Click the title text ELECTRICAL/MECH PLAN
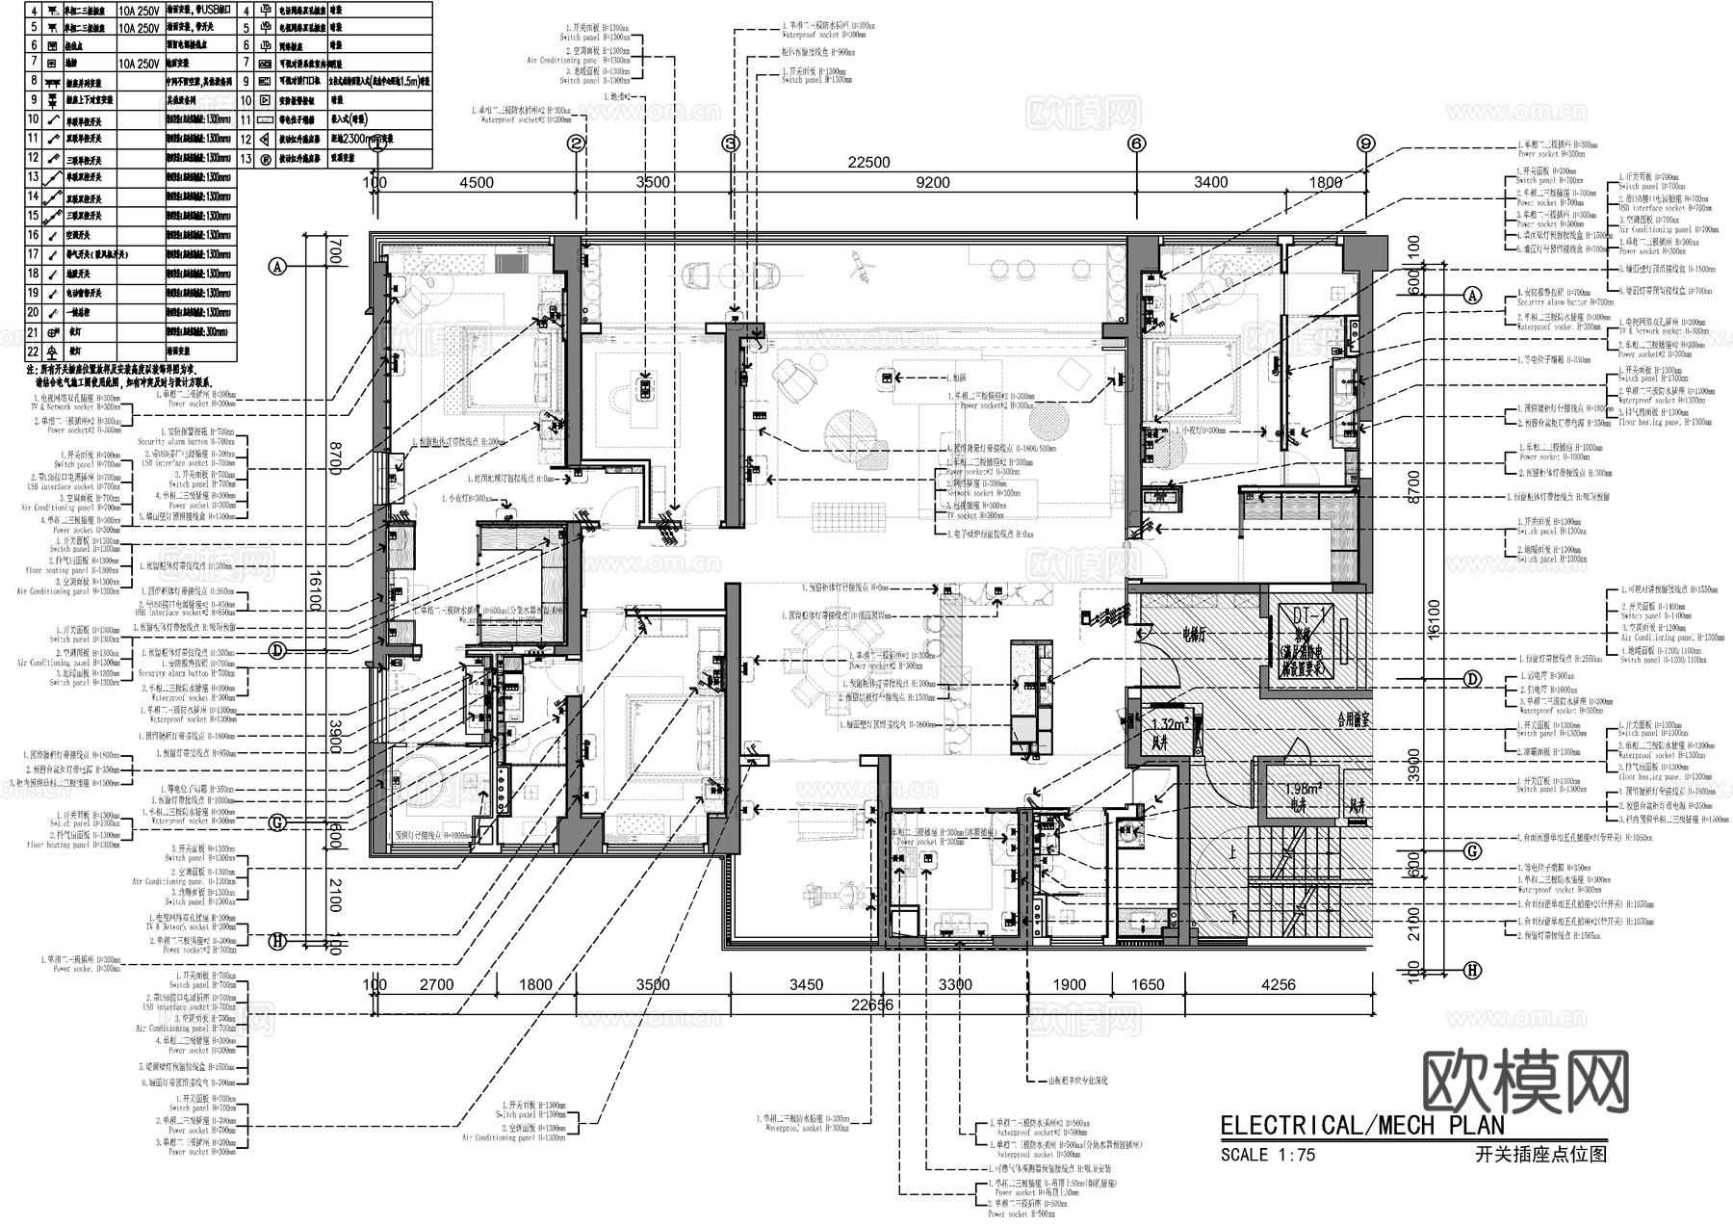[x=1361, y=1126]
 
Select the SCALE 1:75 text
[x=1267, y=1155]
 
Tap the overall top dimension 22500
[x=868, y=163]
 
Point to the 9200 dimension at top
[x=932, y=182]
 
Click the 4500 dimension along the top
[x=476, y=182]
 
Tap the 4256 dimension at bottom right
[x=1278, y=984]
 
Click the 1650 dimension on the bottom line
[x=1147, y=984]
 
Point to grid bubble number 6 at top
[x=1137, y=143]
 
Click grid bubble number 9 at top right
[x=1365, y=143]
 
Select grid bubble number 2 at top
[x=576, y=143]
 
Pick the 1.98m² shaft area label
[x=1305, y=788]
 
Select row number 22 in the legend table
[x=33, y=352]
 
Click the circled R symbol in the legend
[x=265, y=159]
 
